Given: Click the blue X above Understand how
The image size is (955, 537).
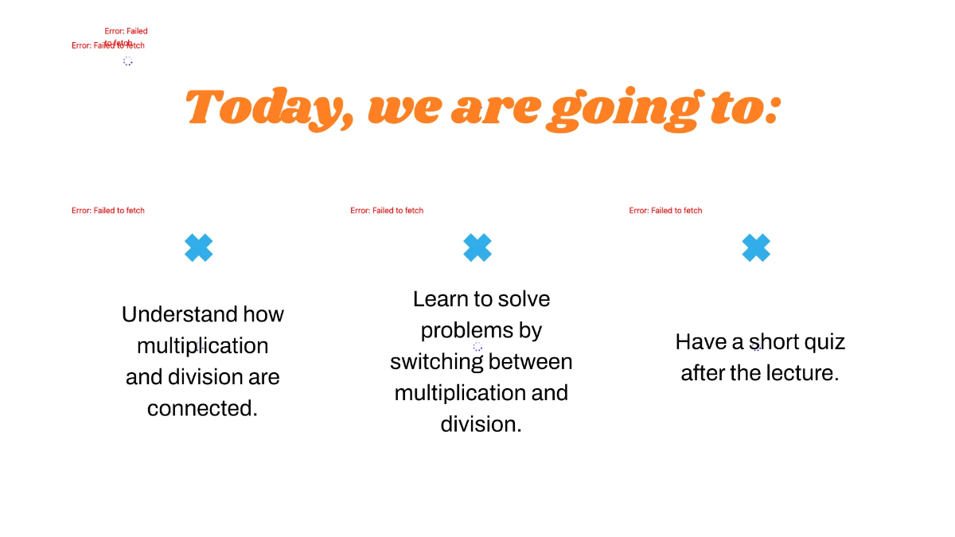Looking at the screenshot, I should (199, 248).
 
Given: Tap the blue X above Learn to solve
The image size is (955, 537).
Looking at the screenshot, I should (477, 248).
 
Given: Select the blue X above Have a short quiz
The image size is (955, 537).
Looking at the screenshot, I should (756, 248).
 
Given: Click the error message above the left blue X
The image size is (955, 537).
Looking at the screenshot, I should (108, 211).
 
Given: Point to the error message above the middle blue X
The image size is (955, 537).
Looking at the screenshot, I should (387, 211).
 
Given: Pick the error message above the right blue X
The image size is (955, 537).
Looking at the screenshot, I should (665, 211).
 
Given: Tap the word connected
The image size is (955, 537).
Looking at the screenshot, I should (202, 408).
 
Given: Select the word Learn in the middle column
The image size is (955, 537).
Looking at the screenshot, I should (440, 299).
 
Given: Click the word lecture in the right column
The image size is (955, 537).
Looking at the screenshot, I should (799, 373).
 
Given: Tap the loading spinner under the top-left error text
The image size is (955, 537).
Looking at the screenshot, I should (128, 61).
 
